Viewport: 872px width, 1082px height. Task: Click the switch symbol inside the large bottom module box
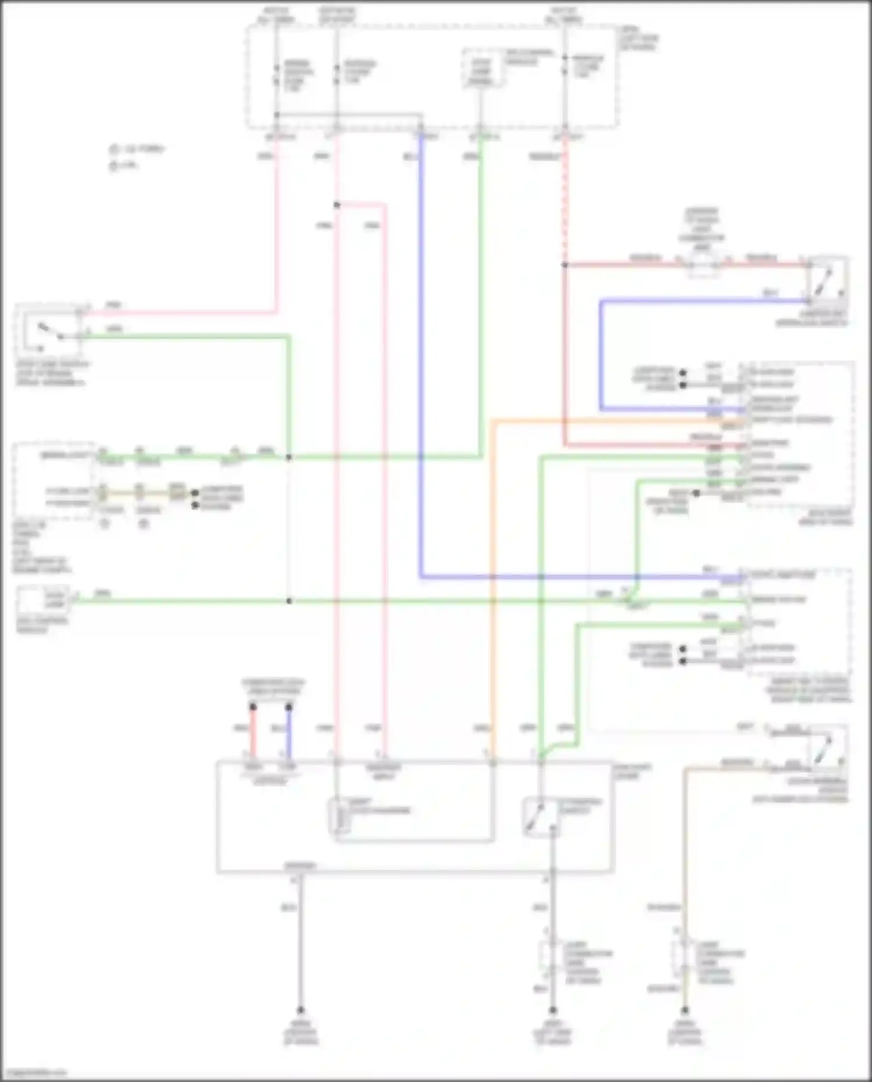[541, 817]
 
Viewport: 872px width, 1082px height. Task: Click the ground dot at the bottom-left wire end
[301, 1010]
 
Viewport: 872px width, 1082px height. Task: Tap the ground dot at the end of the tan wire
[685, 1010]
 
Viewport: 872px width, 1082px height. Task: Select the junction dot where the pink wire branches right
[337, 205]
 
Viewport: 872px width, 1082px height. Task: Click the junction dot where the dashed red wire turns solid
[564, 265]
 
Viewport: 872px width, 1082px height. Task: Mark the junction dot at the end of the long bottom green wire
[290, 601]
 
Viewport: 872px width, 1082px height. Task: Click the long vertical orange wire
[492, 581]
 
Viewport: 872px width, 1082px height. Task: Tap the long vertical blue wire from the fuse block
[421, 349]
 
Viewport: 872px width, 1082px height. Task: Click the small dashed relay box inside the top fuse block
[481, 69]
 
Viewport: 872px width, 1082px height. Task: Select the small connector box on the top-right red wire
[703, 266]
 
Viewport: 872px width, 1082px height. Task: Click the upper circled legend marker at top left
[114, 149]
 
